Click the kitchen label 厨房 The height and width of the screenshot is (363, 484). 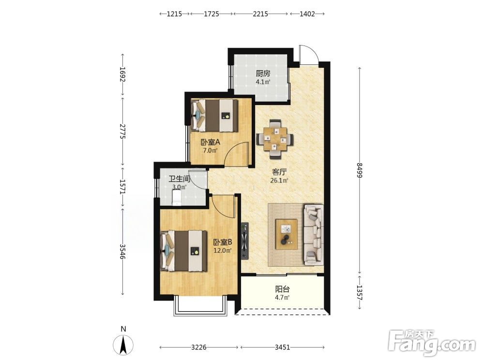point(263,74)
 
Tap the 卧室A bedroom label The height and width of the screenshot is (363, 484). point(210,142)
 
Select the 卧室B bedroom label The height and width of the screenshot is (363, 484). point(223,242)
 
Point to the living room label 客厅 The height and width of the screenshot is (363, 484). point(279,172)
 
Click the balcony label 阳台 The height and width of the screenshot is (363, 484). point(283,289)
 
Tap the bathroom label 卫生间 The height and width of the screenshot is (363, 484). point(179,179)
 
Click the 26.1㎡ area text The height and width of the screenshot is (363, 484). point(279,181)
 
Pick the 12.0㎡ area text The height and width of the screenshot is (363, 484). point(223,251)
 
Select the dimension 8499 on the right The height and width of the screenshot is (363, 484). point(359,170)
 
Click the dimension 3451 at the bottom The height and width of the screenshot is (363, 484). point(283,347)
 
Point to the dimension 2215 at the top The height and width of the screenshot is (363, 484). point(260,14)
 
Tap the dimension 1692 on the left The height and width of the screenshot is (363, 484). point(122,75)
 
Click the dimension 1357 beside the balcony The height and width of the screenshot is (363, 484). point(359,293)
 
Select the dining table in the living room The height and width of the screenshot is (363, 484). point(275,139)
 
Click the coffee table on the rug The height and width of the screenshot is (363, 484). point(287,234)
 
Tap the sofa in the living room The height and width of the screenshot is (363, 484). point(314,235)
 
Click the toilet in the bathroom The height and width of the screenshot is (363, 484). point(176,197)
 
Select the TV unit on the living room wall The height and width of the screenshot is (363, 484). point(245,241)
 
